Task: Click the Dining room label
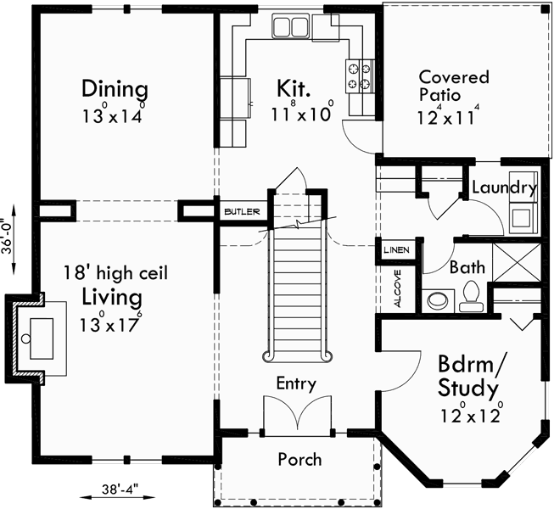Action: tap(115, 88)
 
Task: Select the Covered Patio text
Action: tap(453, 87)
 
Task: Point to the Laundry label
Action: tap(503, 187)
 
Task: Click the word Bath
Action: tap(467, 267)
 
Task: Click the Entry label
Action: tap(296, 383)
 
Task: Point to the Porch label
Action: tap(299, 459)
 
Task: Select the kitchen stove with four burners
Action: tap(359, 76)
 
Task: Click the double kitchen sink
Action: tap(290, 28)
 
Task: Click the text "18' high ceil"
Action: tap(115, 273)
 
